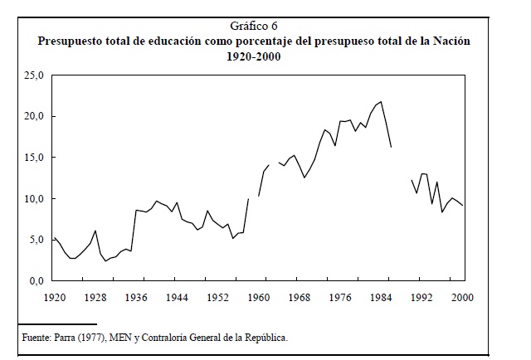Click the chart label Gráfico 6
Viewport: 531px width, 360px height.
254,26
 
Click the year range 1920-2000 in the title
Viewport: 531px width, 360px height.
254,56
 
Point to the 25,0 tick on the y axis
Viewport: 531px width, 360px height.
34,75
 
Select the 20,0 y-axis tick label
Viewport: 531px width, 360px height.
34,116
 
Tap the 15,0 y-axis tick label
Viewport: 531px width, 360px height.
34,158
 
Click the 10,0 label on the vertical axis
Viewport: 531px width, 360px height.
34,199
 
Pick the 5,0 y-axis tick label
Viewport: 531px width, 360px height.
37,240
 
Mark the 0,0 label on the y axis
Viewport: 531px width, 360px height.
37,281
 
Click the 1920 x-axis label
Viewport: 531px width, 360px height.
55,297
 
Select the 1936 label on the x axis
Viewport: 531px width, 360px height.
136,297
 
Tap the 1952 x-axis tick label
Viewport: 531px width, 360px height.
217,297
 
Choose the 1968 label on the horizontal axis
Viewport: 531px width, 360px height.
300,297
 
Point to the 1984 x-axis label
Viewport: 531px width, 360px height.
381,297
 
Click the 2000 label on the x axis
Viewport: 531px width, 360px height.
463,297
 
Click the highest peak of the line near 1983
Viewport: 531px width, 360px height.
381,101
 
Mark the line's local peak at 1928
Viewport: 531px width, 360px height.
95,231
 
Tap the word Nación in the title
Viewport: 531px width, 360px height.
451,41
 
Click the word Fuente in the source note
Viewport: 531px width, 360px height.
37,338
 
